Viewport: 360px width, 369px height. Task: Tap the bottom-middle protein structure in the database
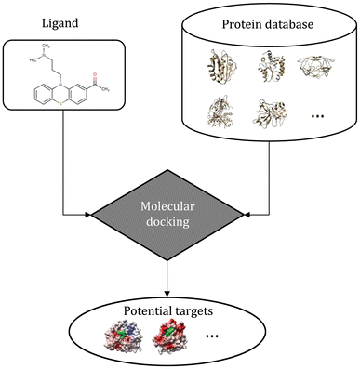[270, 118]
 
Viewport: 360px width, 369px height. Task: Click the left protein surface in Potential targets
[132, 334]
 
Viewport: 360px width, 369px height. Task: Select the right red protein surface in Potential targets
[180, 334]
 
